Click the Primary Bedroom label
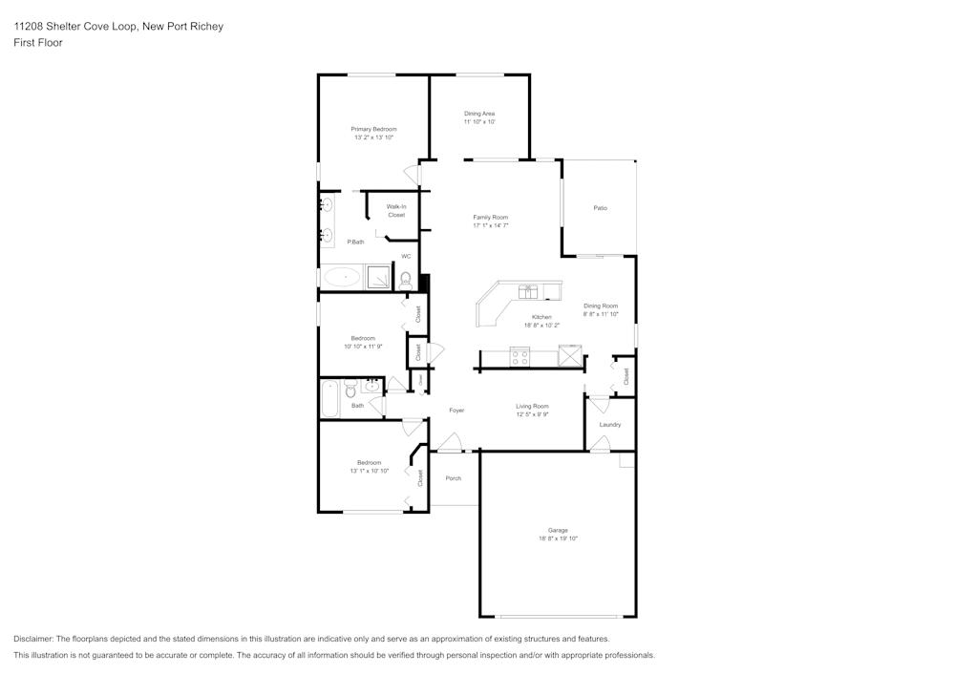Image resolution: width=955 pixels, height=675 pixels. click(x=373, y=129)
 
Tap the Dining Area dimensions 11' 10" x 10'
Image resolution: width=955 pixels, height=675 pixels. click(x=479, y=122)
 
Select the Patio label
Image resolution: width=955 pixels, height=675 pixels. click(x=600, y=208)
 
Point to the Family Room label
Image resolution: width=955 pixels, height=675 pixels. click(x=491, y=218)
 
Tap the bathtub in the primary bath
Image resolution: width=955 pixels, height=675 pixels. click(x=341, y=278)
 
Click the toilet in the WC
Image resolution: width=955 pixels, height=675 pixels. click(x=406, y=279)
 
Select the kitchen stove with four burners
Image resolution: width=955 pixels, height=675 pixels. click(x=520, y=357)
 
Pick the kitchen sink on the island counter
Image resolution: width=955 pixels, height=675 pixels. click(x=526, y=291)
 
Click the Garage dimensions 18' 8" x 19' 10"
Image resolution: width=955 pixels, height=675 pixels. click(x=558, y=538)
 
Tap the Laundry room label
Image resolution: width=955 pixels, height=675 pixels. click(x=610, y=425)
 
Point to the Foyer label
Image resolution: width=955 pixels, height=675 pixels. click(x=456, y=411)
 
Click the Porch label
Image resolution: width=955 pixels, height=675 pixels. click(x=454, y=478)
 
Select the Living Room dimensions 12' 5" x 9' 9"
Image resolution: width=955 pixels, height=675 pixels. click(x=532, y=414)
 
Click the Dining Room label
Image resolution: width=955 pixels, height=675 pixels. click(x=601, y=306)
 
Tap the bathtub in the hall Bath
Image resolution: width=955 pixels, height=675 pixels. click(x=330, y=398)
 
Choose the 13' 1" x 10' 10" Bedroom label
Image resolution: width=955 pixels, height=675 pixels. click(x=369, y=463)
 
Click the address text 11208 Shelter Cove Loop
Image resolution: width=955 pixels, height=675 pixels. click(x=76, y=27)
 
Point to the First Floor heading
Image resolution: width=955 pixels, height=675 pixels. click(x=38, y=43)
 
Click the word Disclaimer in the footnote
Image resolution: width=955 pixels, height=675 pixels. click(x=33, y=639)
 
